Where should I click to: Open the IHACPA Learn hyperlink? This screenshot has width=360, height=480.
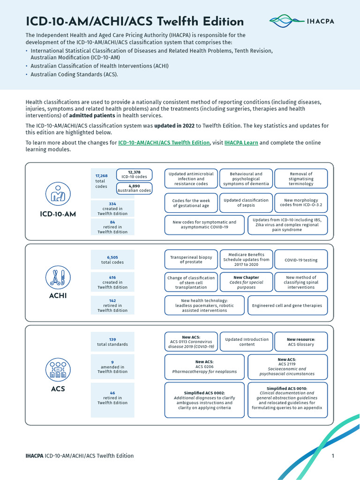tap(241, 142)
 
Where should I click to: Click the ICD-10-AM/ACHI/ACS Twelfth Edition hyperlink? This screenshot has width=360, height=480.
tap(164, 142)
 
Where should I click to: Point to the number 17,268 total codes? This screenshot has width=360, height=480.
tap(101, 176)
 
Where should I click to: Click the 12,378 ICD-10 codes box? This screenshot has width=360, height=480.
tap(134, 174)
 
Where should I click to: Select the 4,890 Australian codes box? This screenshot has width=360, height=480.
tap(134, 188)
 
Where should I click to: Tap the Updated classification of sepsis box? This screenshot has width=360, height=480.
tap(246, 202)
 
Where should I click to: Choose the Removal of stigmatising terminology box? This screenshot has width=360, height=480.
tap(300, 179)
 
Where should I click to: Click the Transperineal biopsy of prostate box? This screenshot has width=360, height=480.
tap(191, 260)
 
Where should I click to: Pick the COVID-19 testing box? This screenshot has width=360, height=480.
tap(300, 260)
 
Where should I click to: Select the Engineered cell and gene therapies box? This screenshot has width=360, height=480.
tap(287, 305)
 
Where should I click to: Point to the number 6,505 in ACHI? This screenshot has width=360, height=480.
tap(112, 257)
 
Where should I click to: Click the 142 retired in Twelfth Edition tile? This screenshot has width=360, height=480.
tap(112, 305)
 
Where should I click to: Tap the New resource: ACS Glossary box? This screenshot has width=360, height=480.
tap(300, 342)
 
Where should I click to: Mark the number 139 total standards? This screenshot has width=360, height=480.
tap(112, 339)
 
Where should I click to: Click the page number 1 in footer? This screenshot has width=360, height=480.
tap(332, 456)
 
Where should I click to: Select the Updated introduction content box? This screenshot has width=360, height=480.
tap(247, 342)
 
